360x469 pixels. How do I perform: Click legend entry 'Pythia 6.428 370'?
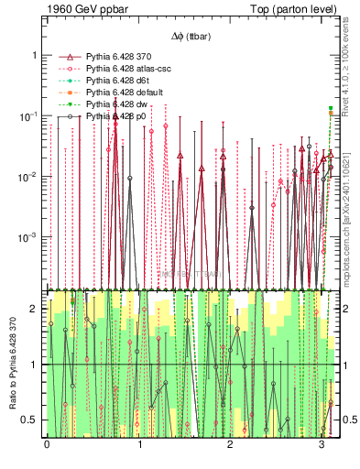[x=122, y=58]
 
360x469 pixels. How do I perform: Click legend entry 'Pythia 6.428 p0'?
[x=118, y=117]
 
